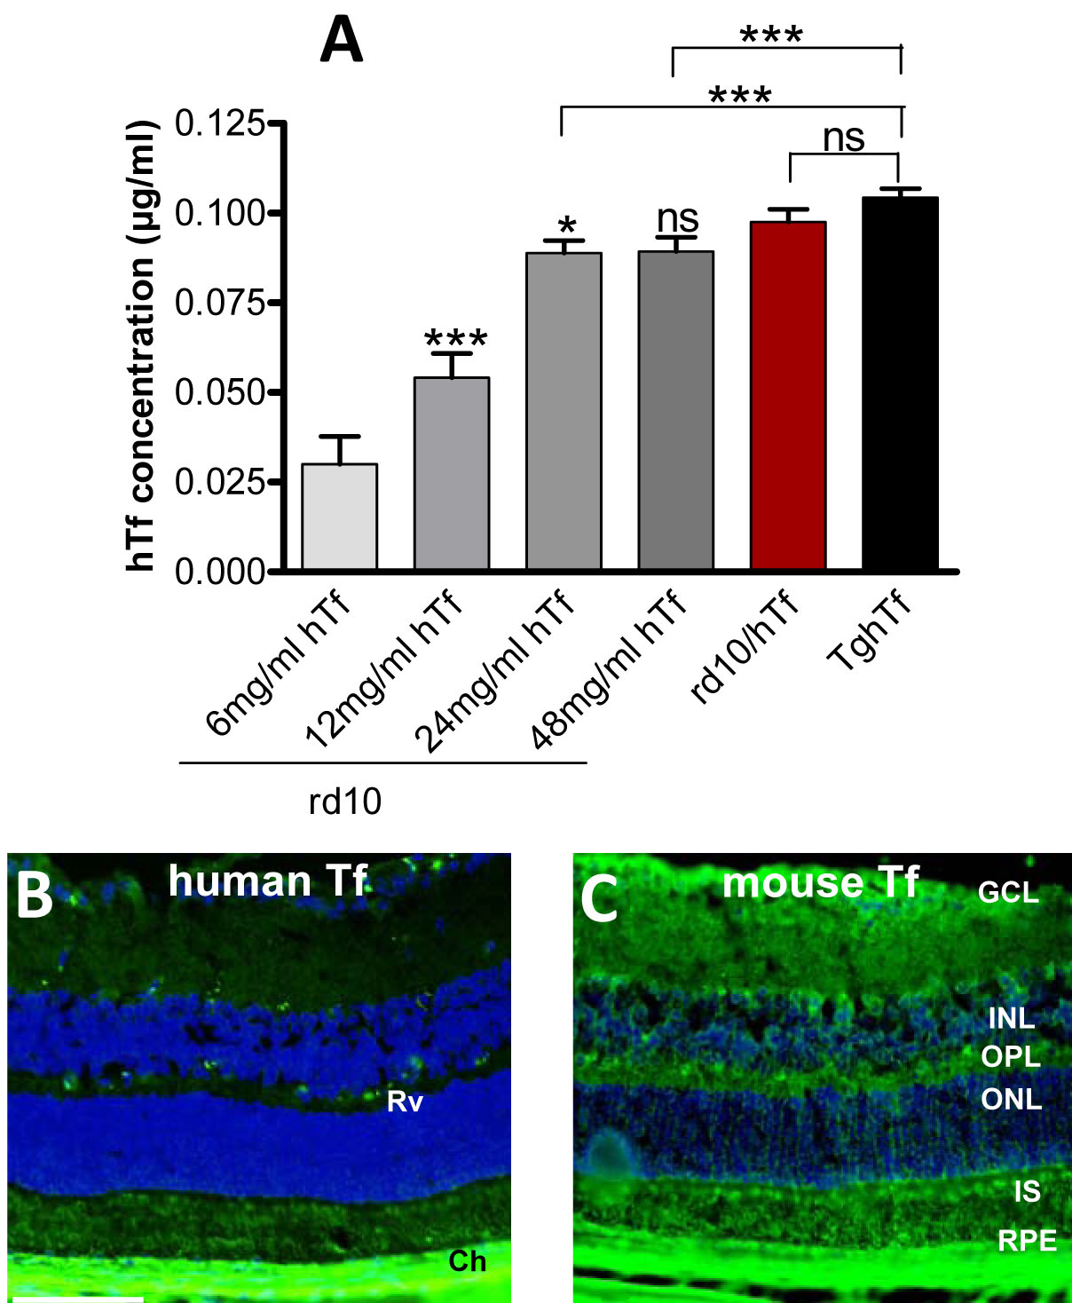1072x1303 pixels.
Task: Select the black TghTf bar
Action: (900, 383)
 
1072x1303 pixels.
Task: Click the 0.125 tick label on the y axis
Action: (219, 123)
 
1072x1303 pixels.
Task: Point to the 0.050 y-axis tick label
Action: (219, 392)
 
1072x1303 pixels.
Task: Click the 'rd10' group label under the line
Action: (345, 802)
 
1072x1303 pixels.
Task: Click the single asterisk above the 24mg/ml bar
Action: (566, 225)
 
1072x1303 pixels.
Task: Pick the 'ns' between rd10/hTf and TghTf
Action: (843, 138)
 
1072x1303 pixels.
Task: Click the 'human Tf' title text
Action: (267, 881)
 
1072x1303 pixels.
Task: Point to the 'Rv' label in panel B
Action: (405, 1102)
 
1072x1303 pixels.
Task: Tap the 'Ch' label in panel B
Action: (467, 1260)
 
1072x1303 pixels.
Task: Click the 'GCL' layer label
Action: (1008, 891)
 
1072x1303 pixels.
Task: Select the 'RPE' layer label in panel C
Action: (1027, 1240)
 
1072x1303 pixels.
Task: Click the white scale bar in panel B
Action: (78, 1299)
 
